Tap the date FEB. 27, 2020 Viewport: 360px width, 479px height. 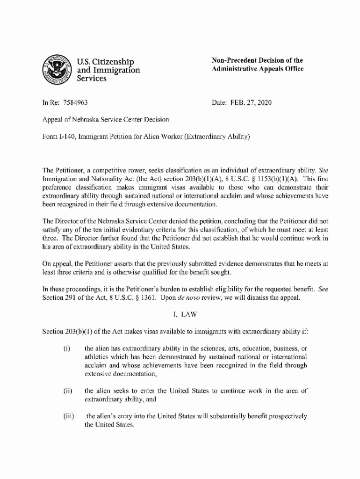(252, 102)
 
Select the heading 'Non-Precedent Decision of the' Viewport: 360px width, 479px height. (257, 60)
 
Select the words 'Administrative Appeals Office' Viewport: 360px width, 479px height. (258, 69)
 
